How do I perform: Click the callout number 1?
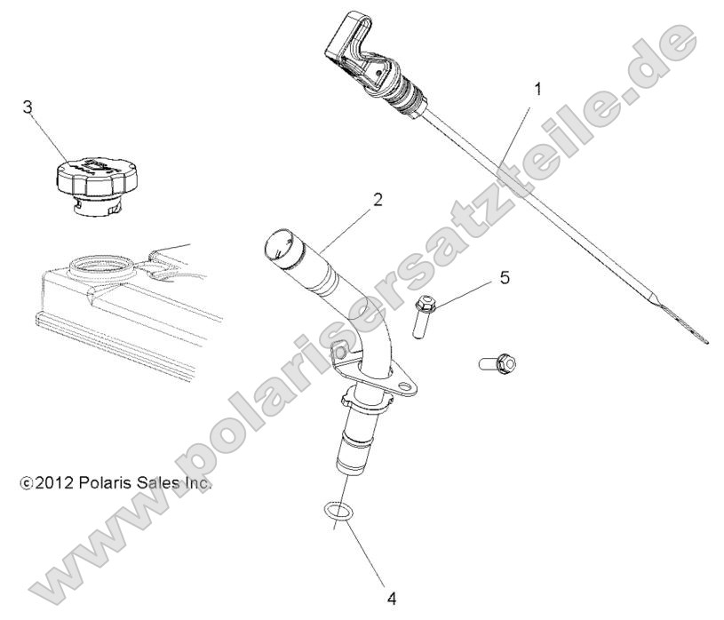[x=537, y=89]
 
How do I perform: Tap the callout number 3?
[x=28, y=107]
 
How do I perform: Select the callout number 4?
[x=391, y=598]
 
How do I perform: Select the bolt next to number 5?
[x=425, y=314]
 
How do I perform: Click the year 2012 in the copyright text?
[x=54, y=483]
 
